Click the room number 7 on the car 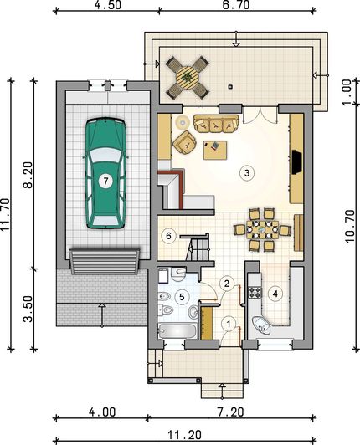point(105,181)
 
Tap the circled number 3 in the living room point(246,172)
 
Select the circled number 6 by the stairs point(168,236)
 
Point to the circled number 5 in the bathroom point(182,297)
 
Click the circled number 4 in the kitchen point(275,294)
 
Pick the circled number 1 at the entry point(229,324)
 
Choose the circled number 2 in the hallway point(226,284)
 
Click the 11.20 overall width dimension point(184,435)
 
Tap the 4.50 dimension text point(108,5)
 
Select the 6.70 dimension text point(236,5)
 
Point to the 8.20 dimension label point(28,175)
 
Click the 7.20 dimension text point(229,412)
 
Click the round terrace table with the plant point(188,77)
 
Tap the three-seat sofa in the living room point(216,124)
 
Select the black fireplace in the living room point(297,162)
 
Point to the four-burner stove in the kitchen point(255,293)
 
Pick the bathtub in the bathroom point(177,331)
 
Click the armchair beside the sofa point(184,143)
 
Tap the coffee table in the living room point(215,150)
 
